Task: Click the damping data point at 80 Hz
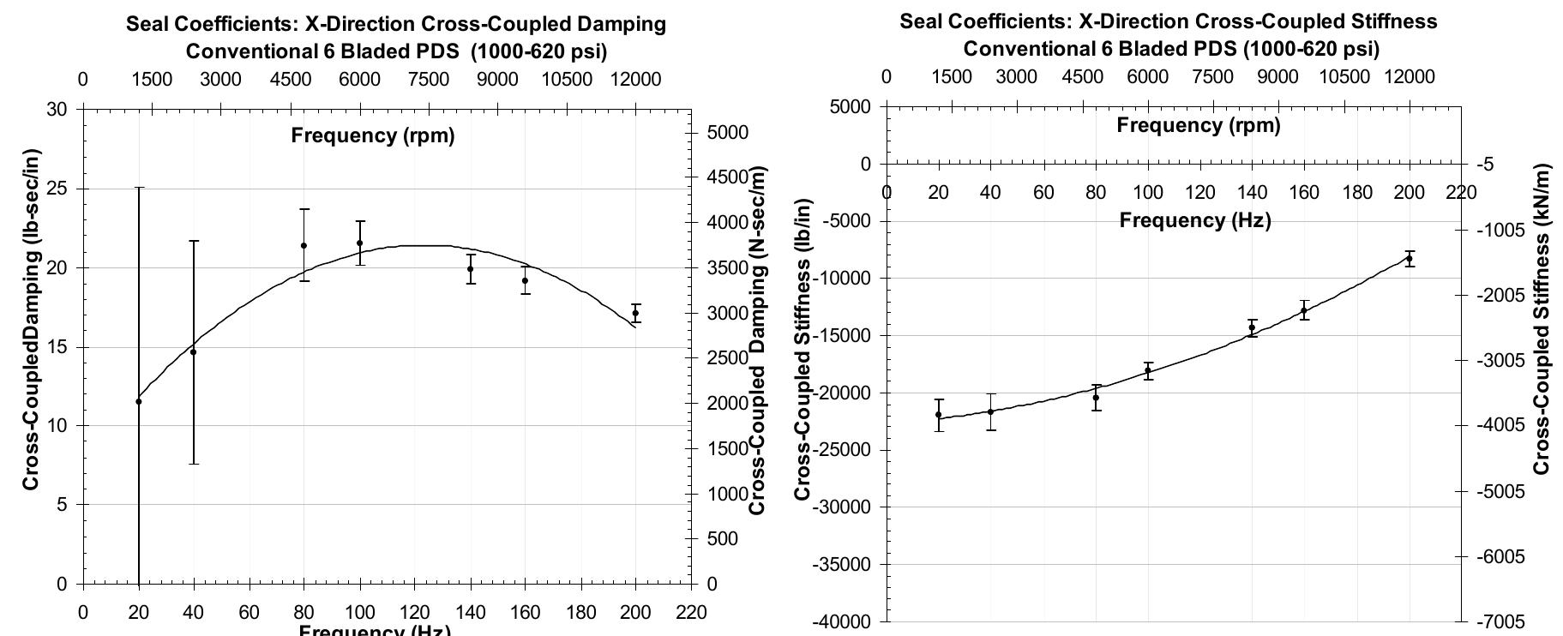click(x=304, y=246)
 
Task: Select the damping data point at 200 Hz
click(x=635, y=314)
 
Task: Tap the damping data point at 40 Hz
click(x=193, y=352)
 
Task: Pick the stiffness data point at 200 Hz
click(x=1409, y=259)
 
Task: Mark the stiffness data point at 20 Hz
click(x=939, y=415)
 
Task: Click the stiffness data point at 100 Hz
click(x=1148, y=371)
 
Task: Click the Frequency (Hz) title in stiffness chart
click(x=1195, y=221)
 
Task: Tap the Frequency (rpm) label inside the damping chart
click(x=373, y=135)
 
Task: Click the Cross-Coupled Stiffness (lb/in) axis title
click(x=803, y=349)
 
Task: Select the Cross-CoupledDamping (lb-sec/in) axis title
click(x=32, y=320)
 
